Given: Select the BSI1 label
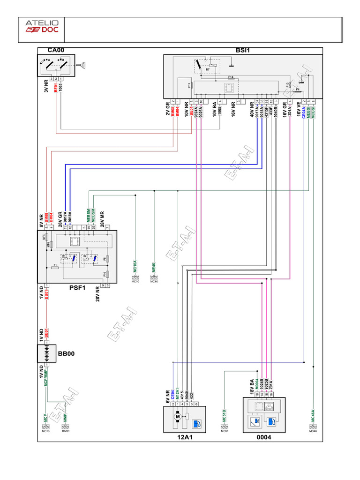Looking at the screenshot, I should [x=243, y=50].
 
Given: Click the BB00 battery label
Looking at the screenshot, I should [x=67, y=352].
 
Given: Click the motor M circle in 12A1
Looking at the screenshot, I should [x=177, y=415].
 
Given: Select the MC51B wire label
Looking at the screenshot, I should [x=225, y=415].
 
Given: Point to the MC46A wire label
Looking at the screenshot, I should [x=313, y=416].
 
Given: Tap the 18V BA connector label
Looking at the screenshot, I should [x=252, y=387].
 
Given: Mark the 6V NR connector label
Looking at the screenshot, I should [x=167, y=396].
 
